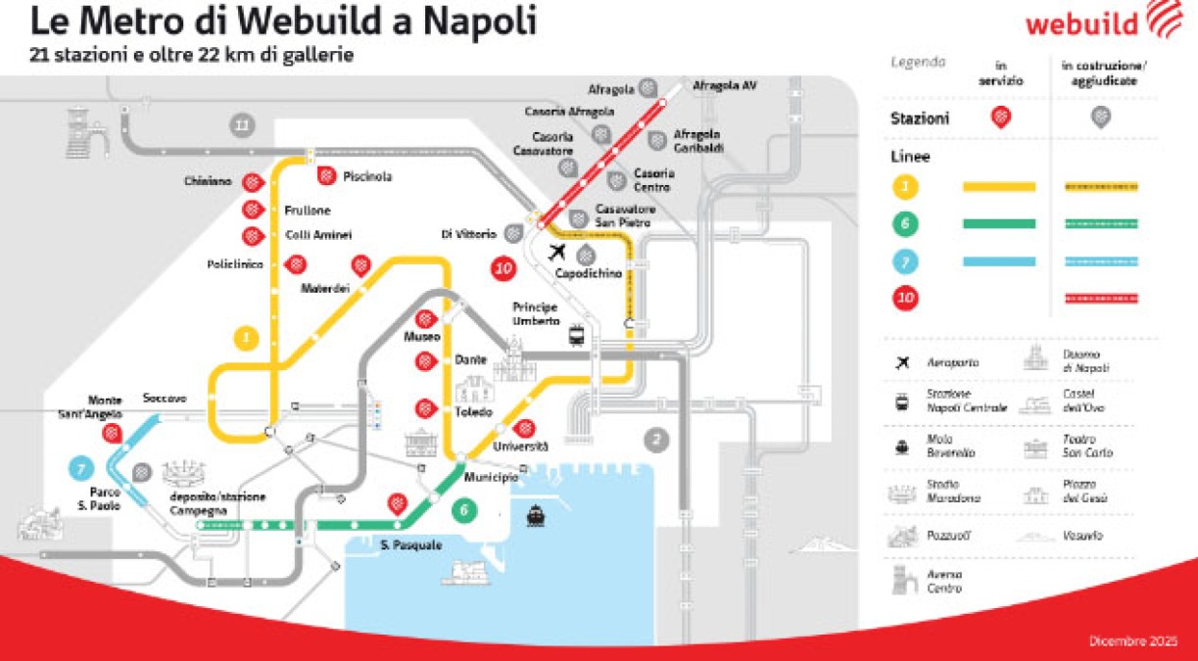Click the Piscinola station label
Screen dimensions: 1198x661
367,176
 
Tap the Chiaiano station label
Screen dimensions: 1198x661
207,181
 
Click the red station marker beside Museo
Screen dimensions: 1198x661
425,319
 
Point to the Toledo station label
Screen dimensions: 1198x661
472,412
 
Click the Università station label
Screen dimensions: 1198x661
520,447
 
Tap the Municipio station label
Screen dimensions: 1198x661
491,477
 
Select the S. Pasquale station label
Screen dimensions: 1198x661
411,544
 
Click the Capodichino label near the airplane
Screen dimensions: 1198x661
589,273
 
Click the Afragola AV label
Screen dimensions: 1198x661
725,86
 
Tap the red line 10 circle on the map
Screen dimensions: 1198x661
504,267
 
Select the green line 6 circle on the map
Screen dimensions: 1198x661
464,509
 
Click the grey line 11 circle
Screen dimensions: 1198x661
242,124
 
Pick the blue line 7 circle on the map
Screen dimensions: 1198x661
81,468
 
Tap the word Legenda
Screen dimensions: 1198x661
918,62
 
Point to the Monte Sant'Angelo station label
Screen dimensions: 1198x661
105,406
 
